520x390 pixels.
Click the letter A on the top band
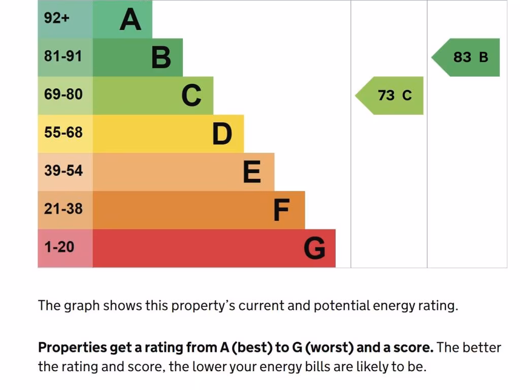pyautogui.click(x=130, y=20)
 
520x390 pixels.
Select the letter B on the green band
pyautogui.click(x=161, y=57)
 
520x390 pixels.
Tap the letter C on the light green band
pyautogui.click(x=191, y=95)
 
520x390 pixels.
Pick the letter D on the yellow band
pyautogui.click(x=222, y=134)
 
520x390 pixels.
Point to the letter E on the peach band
pyautogui.click(x=252, y=172)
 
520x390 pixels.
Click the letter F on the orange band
pyautogui.click(x=281, y=210)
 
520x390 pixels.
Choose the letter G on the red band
pyautogui.click(x=314, y=248)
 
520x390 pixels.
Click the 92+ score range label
pyautogui.click(x=56, y=18)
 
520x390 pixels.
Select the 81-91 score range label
pyautogui.click(x=63, y=56)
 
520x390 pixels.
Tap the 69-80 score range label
pyautogui.click(x=63, y=94)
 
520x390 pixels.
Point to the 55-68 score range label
pyautogui.click(x=63, y=133)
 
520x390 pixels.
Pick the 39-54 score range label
pyautogui.click(x=63, y=171)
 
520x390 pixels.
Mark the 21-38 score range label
pyautogui.click(x=63, y=209)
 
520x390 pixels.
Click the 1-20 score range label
pyautogui.click(x=59, y=247)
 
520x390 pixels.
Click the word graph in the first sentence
pyautogui.click(x=82, y=306)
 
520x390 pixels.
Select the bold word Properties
pyautogui.click(x=72, y=348)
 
